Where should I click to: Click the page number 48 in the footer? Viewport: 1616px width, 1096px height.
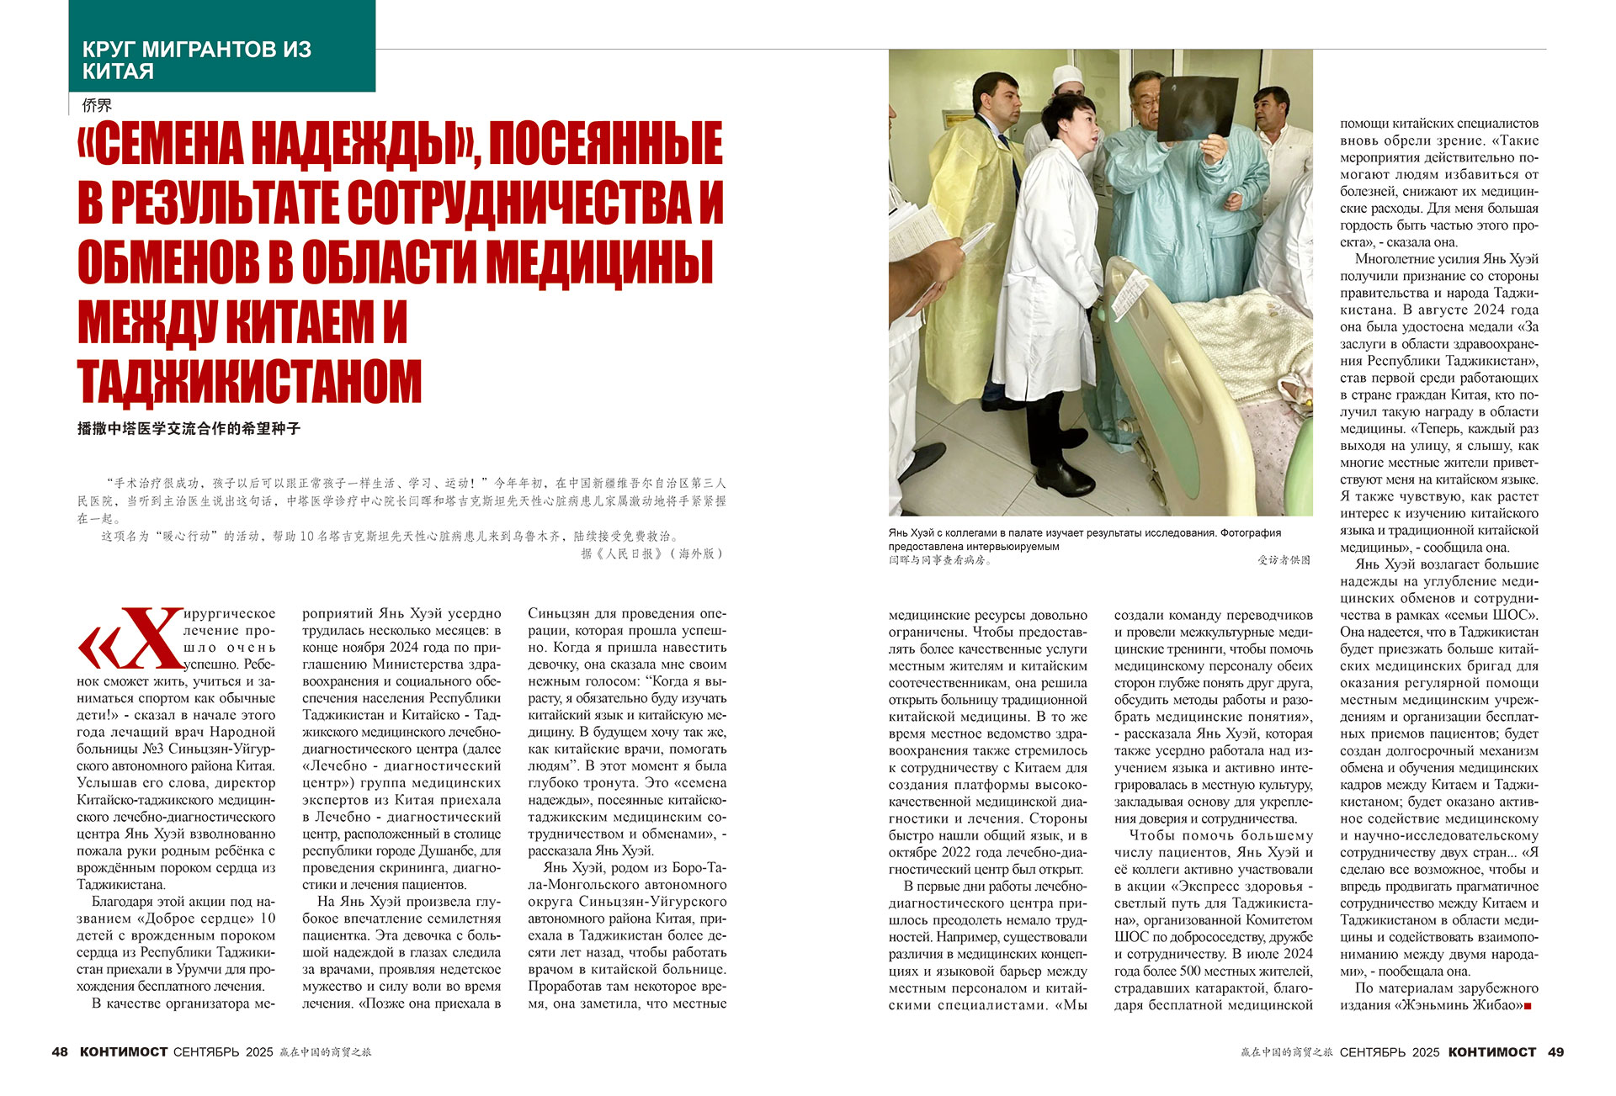tap(60, 1051)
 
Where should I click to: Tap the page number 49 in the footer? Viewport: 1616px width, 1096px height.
tap(1555, 1051)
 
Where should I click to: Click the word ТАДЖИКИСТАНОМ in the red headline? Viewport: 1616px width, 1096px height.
tap(249, 382)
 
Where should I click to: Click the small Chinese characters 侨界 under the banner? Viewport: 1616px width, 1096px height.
tap(97, 106)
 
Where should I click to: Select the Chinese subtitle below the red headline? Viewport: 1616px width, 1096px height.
tap(189, 428)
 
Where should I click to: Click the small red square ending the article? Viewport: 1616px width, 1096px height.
tap(1528, 1006)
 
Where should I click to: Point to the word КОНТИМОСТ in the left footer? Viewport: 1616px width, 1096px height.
tap(124, 1051)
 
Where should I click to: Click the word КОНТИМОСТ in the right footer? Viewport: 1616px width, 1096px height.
tap(1492, 1051)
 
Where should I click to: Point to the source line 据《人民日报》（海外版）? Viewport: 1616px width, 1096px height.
tap(652, 553)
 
